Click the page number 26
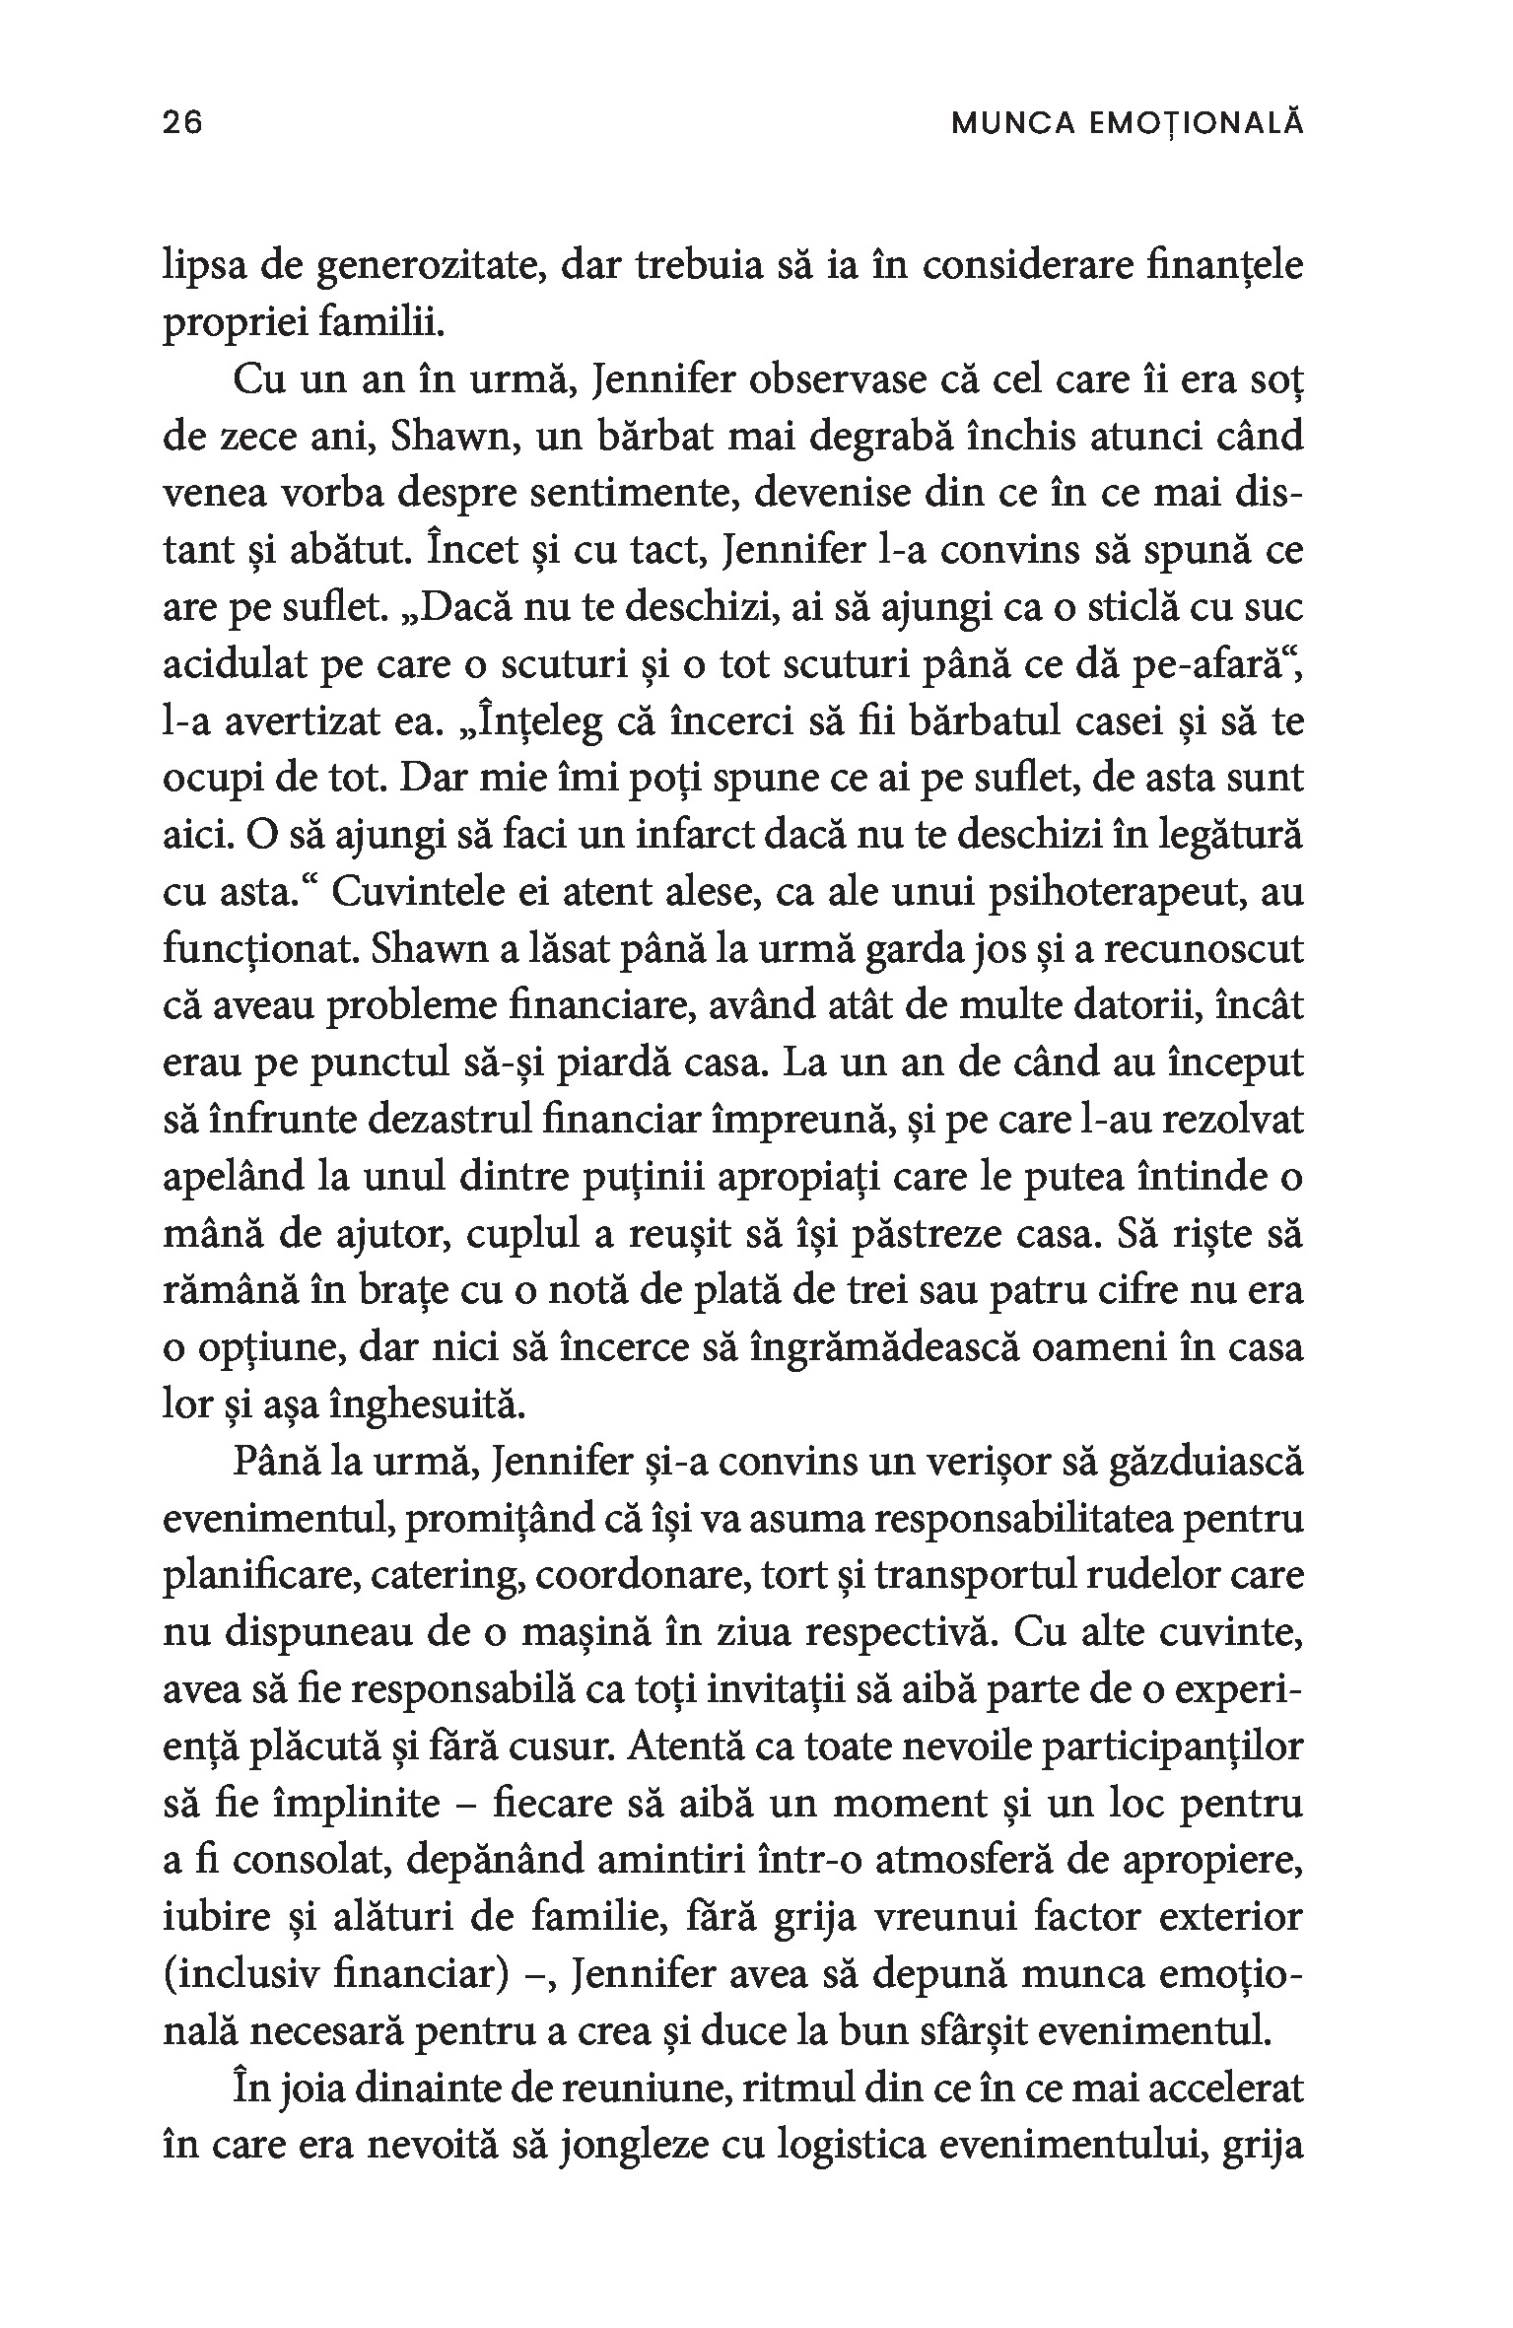(182, 123)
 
